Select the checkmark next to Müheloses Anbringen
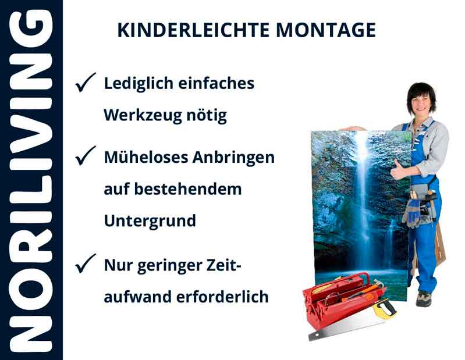pyautogui.click(x=86, y=156)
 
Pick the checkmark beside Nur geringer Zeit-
pyautogui.click(x=86, y=265)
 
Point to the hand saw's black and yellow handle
pyautogui.click(x=385, y=306)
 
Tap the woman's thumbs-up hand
pyautogui.click(x=398, y=171)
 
